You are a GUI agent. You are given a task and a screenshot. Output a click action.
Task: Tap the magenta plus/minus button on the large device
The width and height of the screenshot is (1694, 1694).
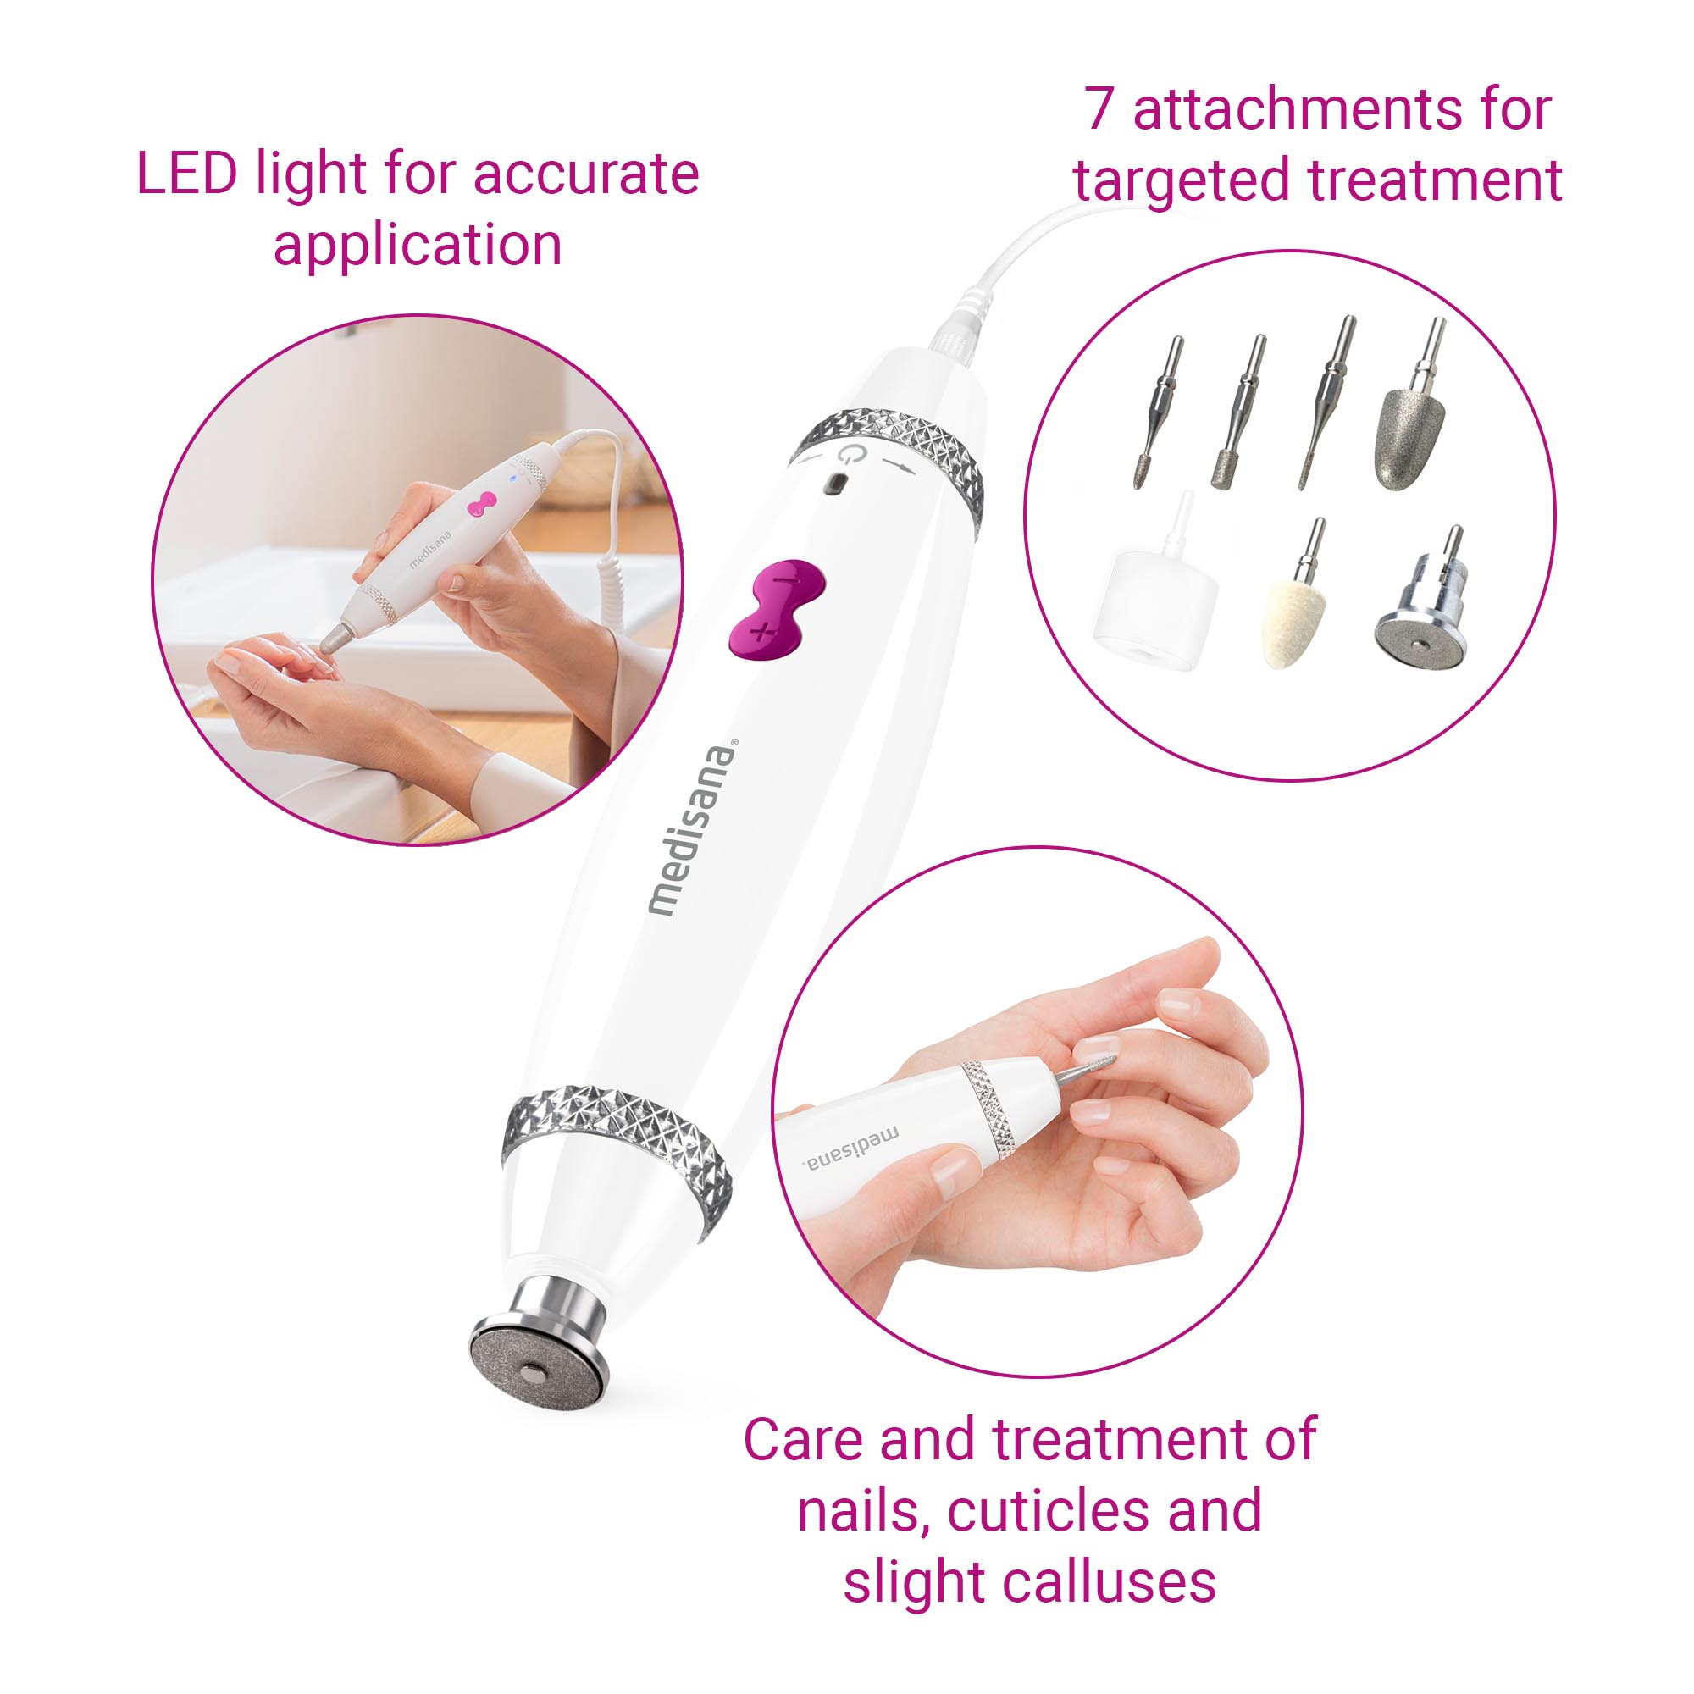(776, 606)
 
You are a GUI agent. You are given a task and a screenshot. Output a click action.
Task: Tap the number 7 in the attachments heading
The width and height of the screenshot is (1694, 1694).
(1100, 109)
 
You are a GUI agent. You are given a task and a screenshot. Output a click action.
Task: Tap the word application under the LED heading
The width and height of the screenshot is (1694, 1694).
(418, 246)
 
